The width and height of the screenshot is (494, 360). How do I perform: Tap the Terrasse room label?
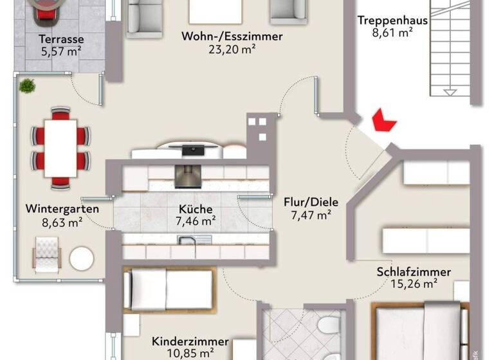point(61,38)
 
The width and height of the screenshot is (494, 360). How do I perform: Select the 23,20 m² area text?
point(232,49)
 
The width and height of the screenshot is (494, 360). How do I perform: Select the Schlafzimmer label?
point(414,272)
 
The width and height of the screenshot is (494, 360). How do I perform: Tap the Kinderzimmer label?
point(190,341)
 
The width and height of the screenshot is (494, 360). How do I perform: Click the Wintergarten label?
point(62,209)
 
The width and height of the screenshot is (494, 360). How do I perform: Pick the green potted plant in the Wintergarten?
point(26,85)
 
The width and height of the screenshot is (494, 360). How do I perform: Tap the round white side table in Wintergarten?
point(82,258)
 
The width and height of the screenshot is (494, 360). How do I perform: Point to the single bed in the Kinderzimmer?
point(167,289)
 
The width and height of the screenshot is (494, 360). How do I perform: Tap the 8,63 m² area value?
point(62,223)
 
